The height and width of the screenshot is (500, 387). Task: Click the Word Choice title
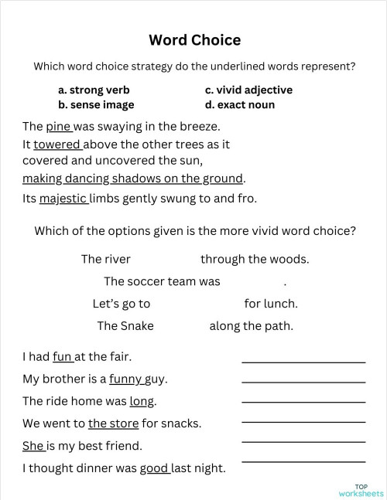(x=194, y=39)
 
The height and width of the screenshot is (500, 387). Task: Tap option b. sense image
(x=96, y=104)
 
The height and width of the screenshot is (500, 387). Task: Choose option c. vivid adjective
(x=248, y=90)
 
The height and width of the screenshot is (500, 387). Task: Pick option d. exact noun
(x=240, y=104)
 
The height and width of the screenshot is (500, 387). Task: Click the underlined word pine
(x=58, y=126)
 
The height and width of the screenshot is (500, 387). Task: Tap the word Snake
(x=137, y=325)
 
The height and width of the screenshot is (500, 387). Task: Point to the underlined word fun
(x=62, y=357)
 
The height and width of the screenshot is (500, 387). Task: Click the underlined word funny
(x=125, y=379)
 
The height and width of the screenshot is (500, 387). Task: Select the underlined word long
(x=142, y=401)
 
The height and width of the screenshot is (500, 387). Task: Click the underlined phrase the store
(x=113, y=423)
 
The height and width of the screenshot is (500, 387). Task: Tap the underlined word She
(x=33, y=446)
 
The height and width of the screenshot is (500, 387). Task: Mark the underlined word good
(x=154, y=468)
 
